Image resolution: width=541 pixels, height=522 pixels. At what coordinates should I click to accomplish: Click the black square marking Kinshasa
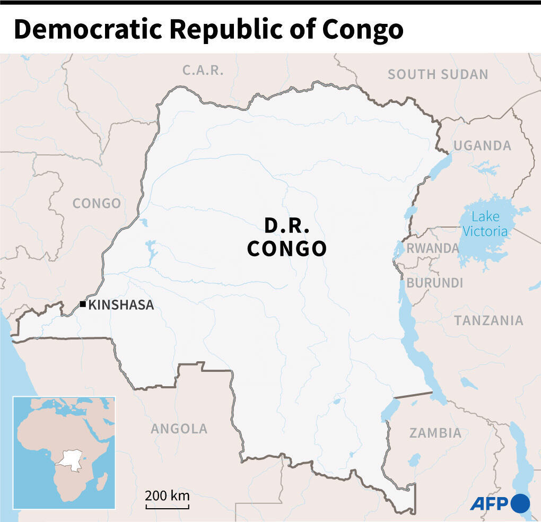pos(83,304)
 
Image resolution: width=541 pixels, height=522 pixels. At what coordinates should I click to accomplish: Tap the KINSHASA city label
pos(121,305)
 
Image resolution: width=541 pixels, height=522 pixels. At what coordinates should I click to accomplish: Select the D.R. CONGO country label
pos(286,237)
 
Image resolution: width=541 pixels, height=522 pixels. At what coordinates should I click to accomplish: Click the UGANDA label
pos(482,145)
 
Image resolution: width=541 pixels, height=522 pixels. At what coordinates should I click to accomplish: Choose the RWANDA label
pos(432,248)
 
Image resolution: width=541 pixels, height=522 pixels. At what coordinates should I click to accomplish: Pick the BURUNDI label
pos(434,283)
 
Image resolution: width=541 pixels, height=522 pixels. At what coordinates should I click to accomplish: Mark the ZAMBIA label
pos(435,433)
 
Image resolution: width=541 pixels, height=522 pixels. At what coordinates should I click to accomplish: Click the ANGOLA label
pos(179,429)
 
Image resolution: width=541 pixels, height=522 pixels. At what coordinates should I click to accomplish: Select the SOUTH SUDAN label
pos(438,74)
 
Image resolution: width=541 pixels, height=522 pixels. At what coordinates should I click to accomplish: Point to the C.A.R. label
pos(203,70)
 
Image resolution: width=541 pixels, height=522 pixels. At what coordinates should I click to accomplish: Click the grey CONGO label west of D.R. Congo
pos(97,203)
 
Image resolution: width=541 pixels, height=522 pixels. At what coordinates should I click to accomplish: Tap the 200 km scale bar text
pos(167,496)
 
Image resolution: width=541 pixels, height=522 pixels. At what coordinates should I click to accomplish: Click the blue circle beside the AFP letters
pos(520,503)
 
